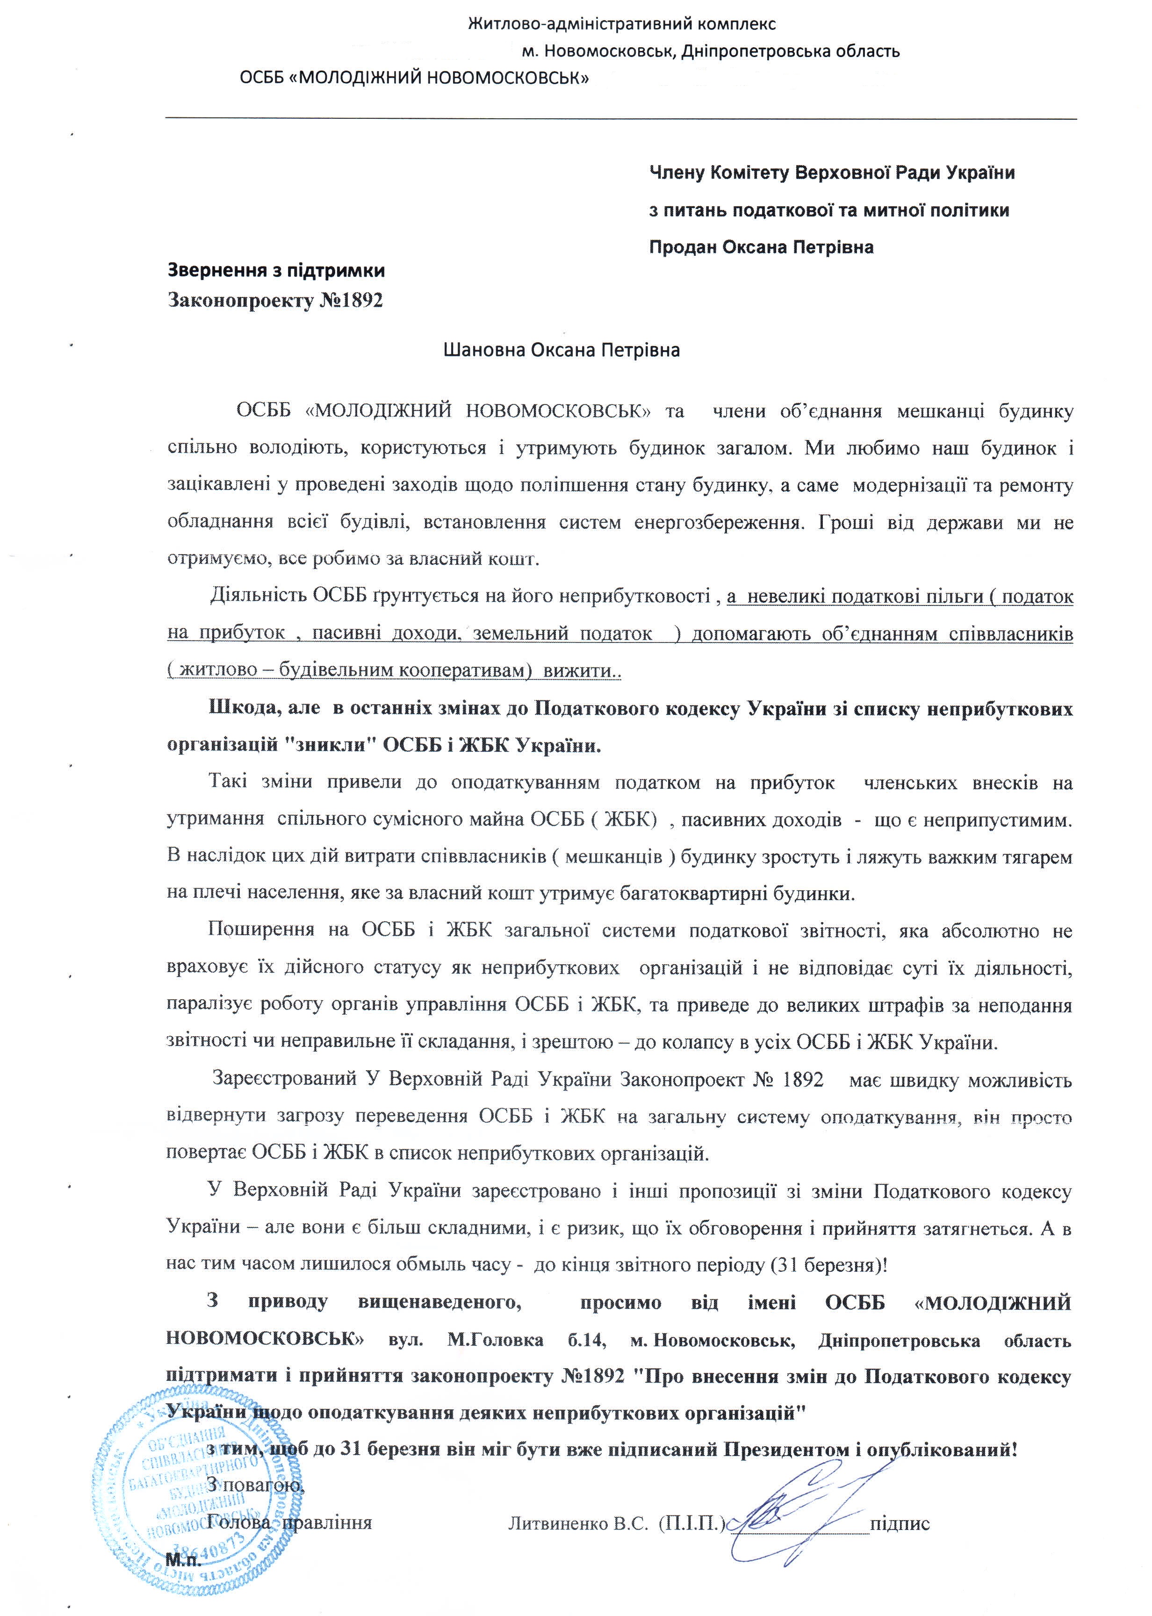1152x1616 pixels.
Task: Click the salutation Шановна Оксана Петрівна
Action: click(561, 350)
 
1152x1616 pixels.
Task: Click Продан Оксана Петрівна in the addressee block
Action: click(761, 247)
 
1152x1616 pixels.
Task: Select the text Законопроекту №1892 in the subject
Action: click(275, 301)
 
